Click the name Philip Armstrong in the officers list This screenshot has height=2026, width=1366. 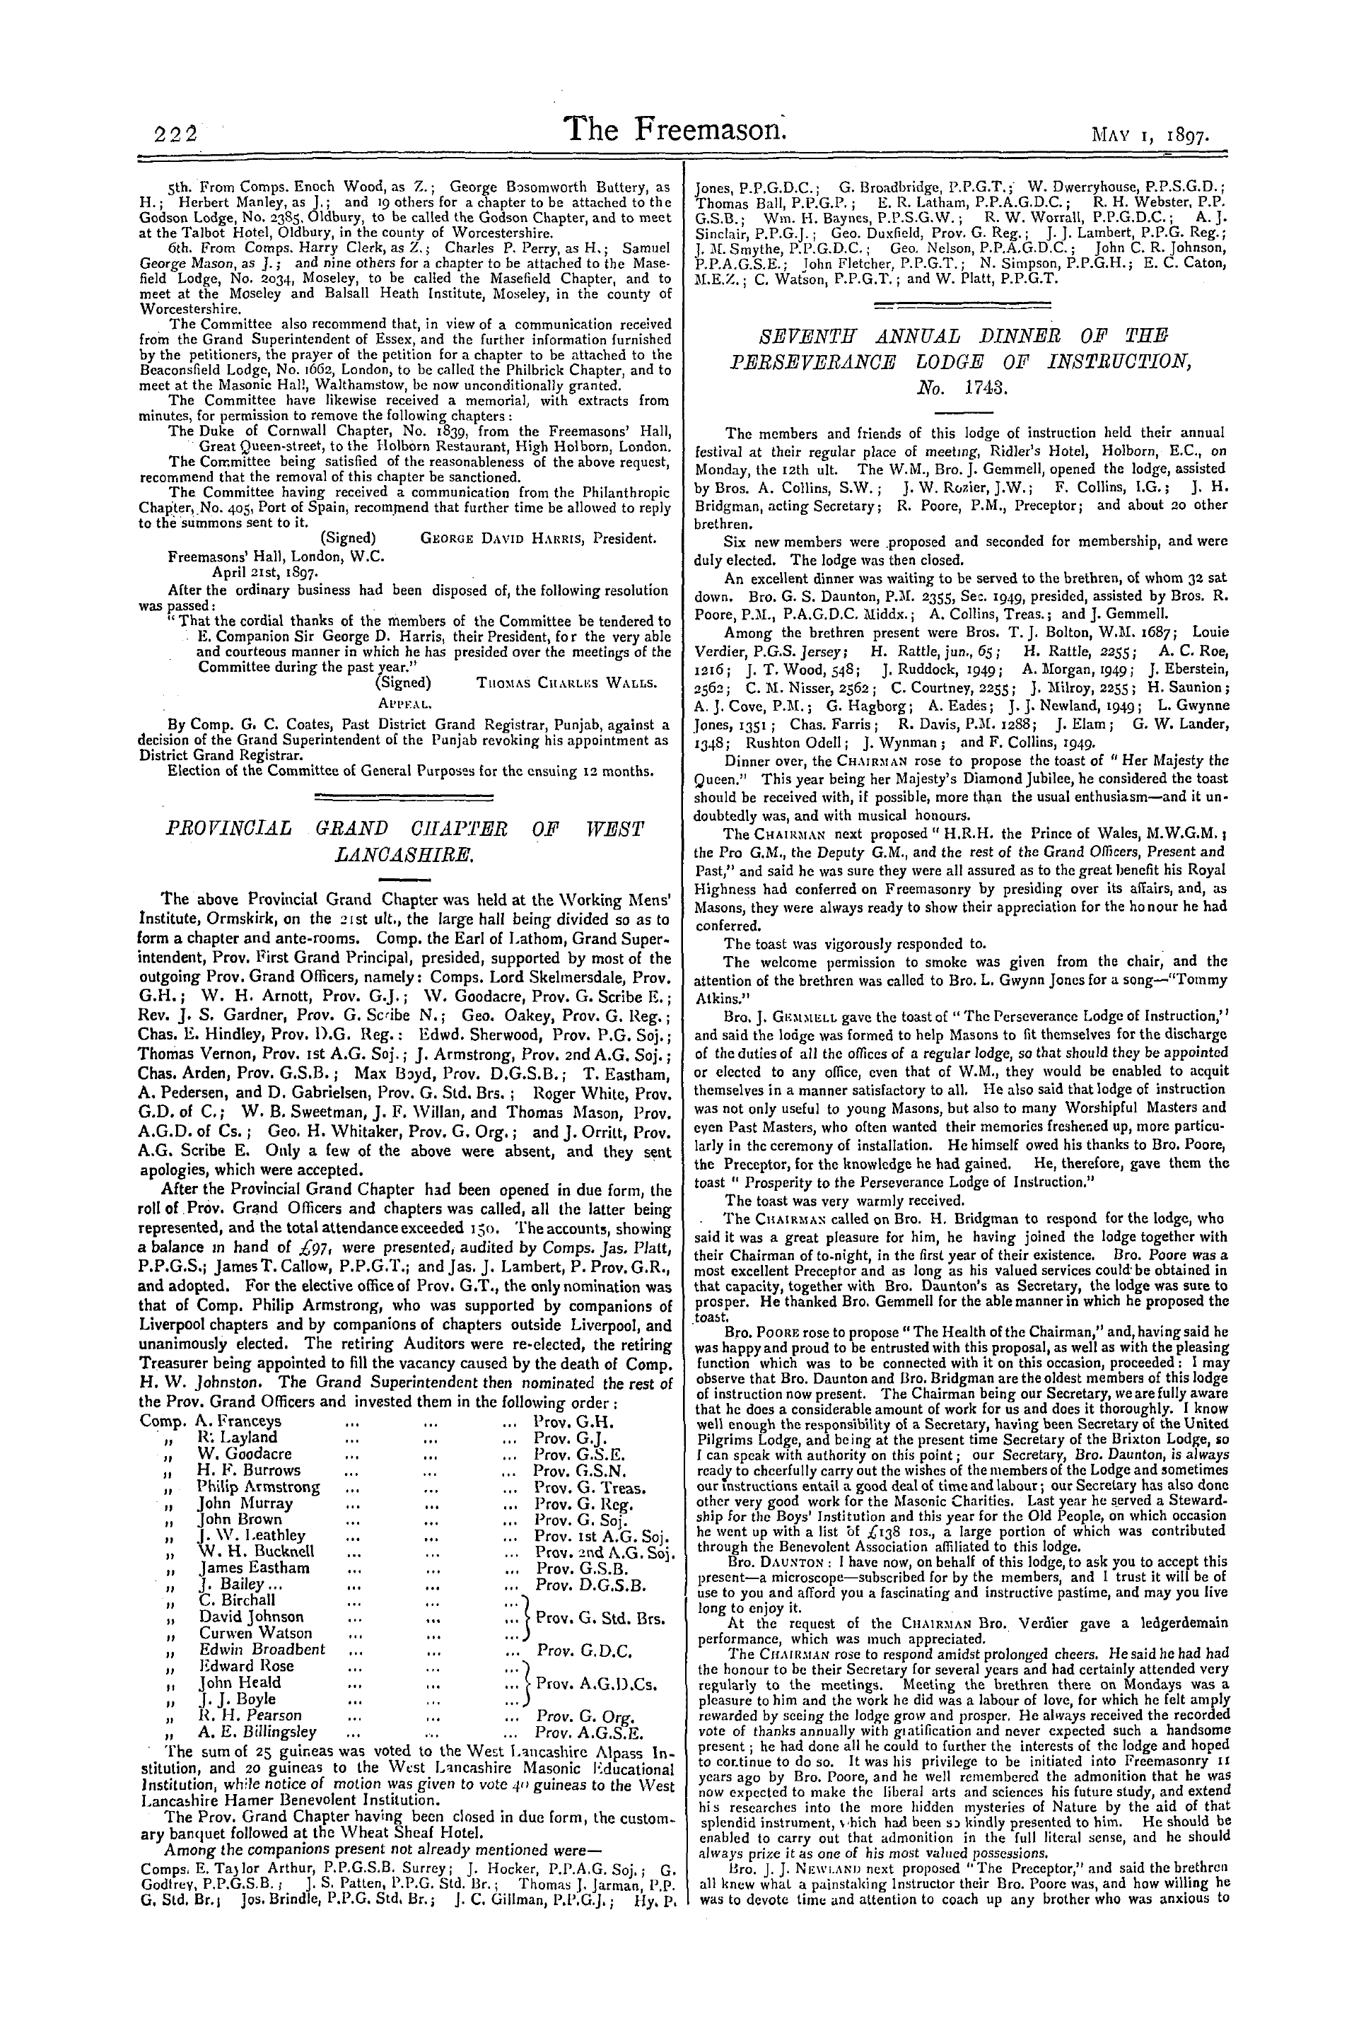point(258,1486)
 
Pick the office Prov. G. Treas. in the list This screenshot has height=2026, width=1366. point(590,1487)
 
